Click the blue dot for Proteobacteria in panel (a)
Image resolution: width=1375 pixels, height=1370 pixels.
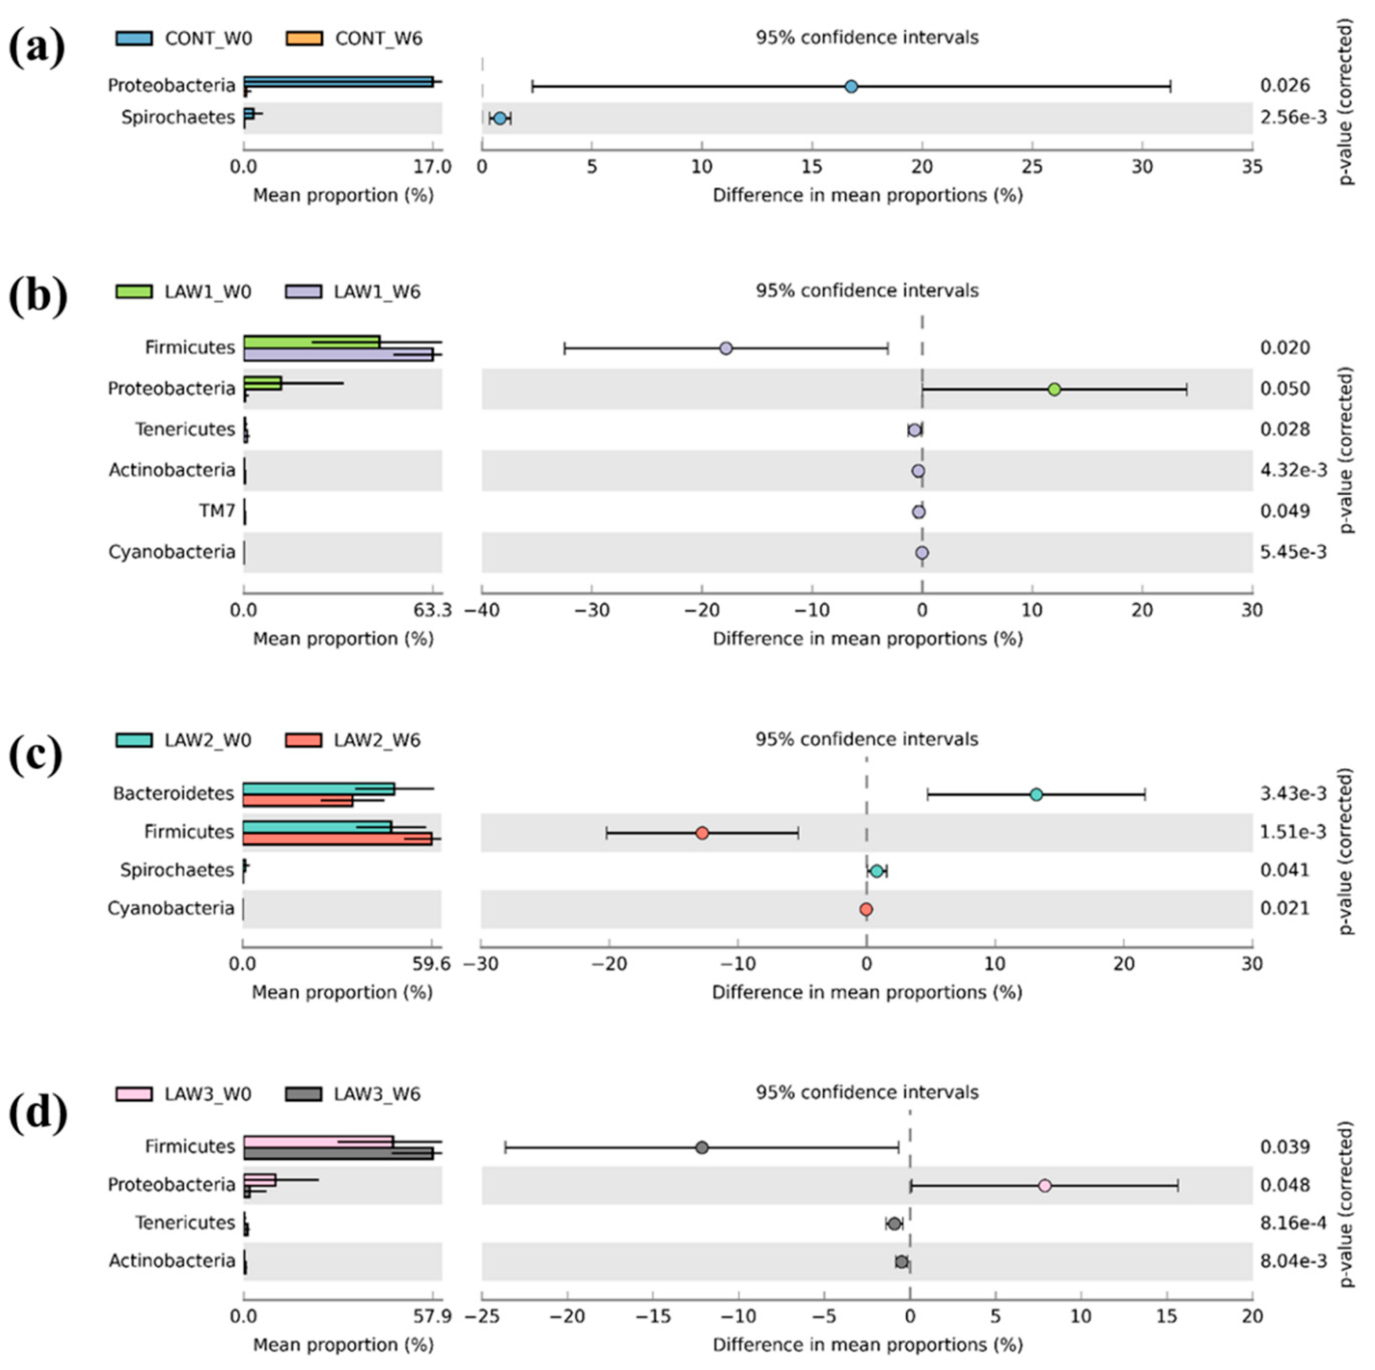851,87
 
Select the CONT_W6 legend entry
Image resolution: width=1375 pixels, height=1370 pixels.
354,38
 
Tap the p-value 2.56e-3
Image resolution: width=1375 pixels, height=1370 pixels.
1293,117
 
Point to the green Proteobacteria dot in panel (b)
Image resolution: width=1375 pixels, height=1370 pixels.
1054,389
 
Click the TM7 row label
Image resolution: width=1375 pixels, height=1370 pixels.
217,511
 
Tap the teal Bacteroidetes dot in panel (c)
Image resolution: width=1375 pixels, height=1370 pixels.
1036,794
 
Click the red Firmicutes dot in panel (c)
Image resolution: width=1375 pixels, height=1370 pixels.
702,833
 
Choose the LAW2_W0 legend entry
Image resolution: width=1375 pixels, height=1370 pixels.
184,740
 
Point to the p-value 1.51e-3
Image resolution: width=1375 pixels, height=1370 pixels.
1293,832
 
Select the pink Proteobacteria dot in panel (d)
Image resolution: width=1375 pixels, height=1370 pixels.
1045,1186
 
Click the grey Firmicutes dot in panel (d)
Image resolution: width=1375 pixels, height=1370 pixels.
702,1147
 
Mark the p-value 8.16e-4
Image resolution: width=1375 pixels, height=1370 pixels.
1293,1223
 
